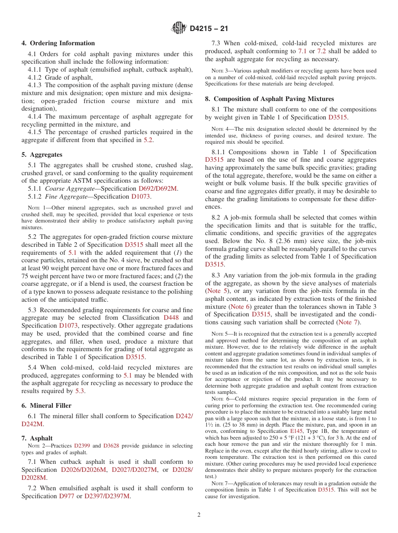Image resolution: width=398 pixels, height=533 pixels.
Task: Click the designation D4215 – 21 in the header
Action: [209, 29]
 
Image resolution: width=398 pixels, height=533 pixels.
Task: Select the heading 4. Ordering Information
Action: [58, 43]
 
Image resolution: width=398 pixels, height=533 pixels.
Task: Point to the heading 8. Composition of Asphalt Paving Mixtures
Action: [269, 99]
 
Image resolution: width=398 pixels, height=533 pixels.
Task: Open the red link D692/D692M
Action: [158, 189]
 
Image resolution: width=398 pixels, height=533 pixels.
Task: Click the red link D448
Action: [171, 318]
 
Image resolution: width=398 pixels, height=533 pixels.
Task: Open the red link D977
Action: [67, 496]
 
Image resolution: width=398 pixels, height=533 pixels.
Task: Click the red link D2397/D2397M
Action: [107, 496]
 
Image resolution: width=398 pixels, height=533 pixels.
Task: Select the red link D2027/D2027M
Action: [134, 470]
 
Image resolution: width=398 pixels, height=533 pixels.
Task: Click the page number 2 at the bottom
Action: [199, 515]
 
